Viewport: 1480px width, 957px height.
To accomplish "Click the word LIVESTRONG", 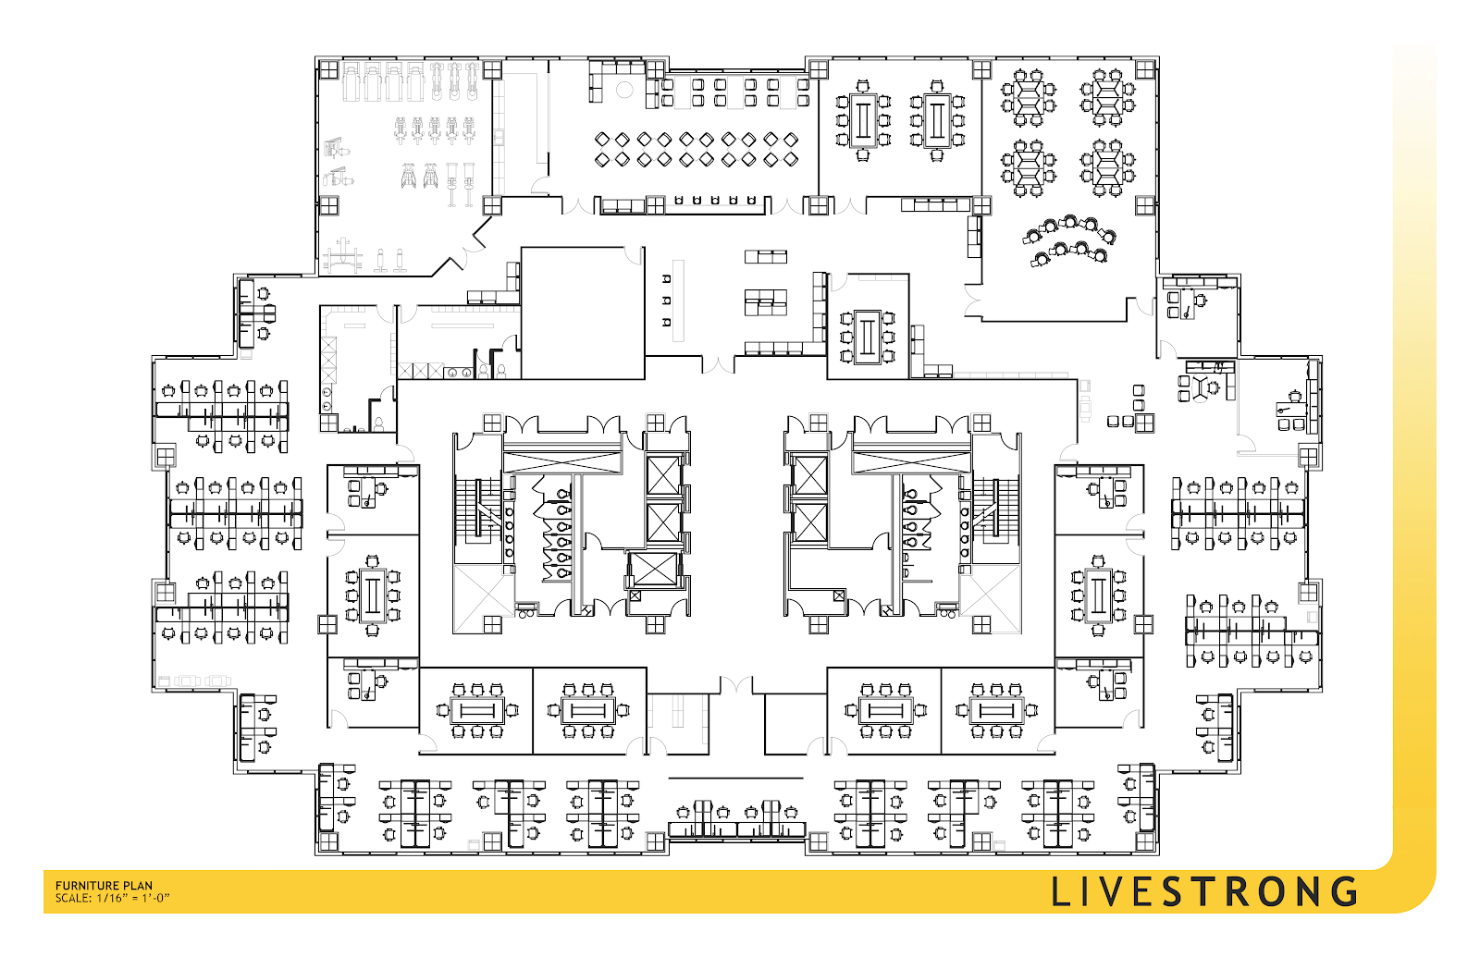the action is pos(1203,891).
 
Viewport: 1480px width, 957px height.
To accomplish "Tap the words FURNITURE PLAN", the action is pos(104,886).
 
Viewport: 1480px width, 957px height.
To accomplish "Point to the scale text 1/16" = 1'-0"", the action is pos(133,898).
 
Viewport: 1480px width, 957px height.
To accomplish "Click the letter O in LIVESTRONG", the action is pos(1271,891).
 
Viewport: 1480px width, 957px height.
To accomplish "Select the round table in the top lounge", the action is pos(624,89).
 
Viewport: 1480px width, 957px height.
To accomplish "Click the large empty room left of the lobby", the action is pos(582,313).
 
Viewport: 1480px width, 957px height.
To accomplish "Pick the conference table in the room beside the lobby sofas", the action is pos(867,337).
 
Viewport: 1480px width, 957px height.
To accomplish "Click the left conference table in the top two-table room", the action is pos(863,120).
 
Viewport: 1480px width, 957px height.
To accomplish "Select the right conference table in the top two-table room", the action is pos(937,120).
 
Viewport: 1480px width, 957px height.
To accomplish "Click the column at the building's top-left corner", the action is pos(328,69).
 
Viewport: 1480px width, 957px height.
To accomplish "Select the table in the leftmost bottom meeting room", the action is pos(477,711).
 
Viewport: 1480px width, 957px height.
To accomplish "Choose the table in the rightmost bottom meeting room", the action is pos(995,711).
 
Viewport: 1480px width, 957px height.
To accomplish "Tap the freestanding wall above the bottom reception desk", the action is pos(735,778).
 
